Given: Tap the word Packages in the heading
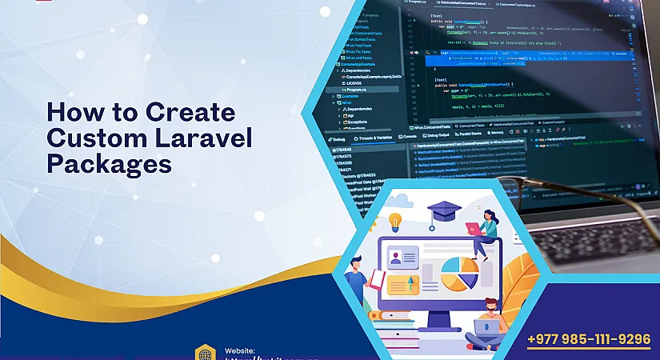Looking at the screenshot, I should (x=109, y=163).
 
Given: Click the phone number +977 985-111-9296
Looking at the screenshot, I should (x=590, y=339).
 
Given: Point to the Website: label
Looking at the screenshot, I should (x=240, y=350).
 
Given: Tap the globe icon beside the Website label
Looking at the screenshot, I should (x=206, y=353).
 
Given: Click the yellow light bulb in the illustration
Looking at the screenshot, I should (x=394, y=221).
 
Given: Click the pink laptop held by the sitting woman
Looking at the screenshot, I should (x=474, y=230).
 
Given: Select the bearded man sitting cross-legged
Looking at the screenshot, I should (x=490, y=324).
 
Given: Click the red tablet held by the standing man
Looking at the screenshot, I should (x=378, y=278).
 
